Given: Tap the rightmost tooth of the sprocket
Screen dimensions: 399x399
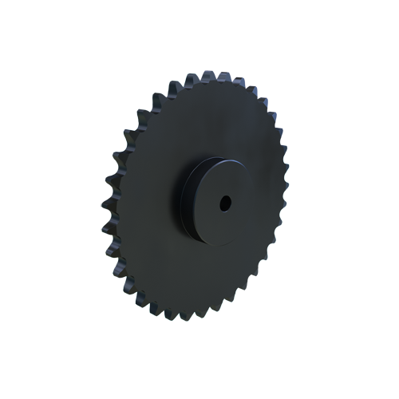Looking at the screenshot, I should click(x=287, y=192).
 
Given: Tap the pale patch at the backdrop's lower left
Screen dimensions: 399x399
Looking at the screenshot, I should click(x=112, y=307).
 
